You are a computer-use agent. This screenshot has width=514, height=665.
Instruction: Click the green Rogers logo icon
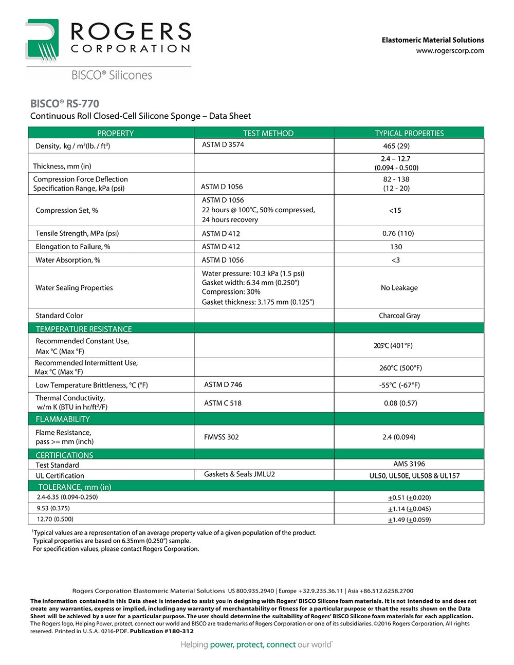pos(42,41)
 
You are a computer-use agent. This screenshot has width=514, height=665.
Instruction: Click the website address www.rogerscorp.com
pos(450,51)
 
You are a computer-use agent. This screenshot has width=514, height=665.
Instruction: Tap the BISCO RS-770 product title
pos(65,104)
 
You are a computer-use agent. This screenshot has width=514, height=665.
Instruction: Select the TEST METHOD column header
pos(268,133)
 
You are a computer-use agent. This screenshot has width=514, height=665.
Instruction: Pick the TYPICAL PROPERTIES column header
pos(409,133)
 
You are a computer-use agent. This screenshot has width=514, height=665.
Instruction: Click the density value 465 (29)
pos(396,146)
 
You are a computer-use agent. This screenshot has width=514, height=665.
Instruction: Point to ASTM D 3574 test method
pos(223,145)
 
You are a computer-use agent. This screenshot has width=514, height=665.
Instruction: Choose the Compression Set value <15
pos(395,210)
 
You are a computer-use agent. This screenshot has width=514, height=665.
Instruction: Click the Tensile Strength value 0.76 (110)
pos(398,233)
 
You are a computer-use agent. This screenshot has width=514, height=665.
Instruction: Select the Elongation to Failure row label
pos(72,247)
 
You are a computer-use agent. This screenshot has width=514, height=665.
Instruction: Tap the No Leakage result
pos(399,288)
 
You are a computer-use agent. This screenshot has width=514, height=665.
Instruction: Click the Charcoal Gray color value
pos(399,316)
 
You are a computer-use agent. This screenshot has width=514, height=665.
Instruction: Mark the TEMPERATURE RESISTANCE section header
pos(84,329)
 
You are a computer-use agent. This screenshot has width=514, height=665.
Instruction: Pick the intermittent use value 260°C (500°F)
pos(400,368)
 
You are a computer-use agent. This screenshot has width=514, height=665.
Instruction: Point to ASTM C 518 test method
pos(223,403)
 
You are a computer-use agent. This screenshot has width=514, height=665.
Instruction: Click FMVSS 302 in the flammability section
pos(221,437)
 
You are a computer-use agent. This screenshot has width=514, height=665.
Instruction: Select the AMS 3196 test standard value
pos(409,464)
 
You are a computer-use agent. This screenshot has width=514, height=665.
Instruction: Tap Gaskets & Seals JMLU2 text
pos(239,474)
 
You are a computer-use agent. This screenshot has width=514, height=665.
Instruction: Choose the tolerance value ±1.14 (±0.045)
pos(409,509)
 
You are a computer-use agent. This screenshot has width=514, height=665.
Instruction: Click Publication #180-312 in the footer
pos(162,631)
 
